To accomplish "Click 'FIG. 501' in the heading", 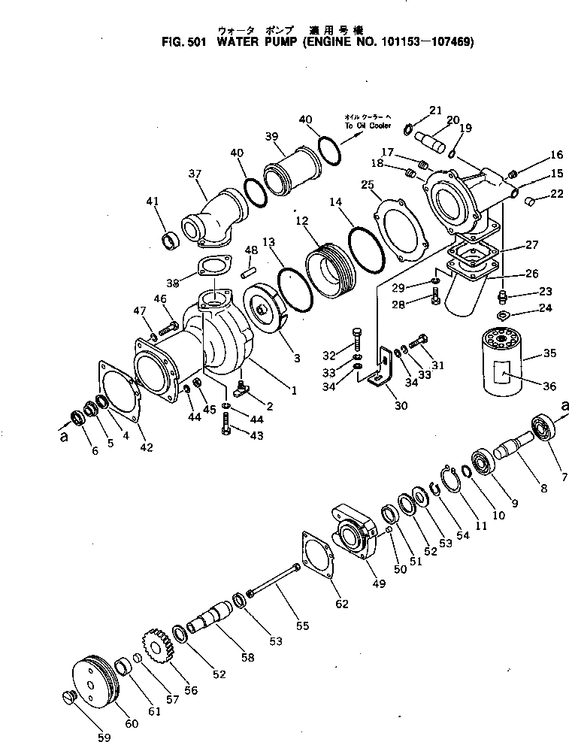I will [184, 43].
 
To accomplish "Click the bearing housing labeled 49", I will [353, 535].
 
